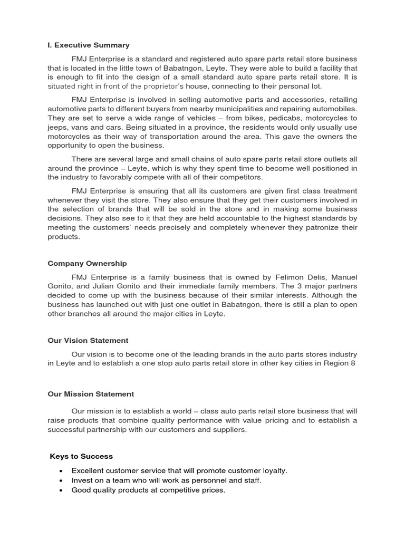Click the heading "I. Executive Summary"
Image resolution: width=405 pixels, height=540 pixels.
[x=88, y=45]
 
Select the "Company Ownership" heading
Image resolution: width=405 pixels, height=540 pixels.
[x=87, y=263]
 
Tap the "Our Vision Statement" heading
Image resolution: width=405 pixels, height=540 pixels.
[x=88, y=341]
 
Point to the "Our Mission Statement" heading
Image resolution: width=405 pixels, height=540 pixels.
[x=91, y=394]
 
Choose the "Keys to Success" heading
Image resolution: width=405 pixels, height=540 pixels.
[x=81, y=456]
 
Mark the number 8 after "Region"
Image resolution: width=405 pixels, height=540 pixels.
[x=353, y=364]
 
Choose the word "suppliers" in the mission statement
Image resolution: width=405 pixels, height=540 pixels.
[x=228, y=430]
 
